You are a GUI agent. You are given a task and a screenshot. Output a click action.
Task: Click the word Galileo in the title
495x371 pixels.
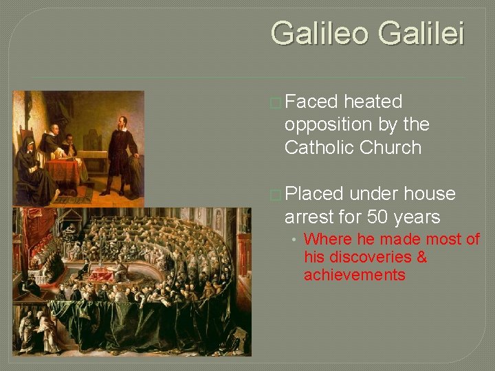320,33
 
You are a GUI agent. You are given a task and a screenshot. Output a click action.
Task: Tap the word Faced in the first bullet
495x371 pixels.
311,102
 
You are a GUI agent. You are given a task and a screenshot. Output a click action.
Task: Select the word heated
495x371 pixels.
373,102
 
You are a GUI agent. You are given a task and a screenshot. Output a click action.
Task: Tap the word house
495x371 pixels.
430,194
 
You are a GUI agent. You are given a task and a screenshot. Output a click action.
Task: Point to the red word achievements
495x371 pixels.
354,275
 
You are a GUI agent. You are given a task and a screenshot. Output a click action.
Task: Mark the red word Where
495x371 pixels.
324,239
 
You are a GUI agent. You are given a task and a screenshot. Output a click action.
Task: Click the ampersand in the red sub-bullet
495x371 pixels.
421,257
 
